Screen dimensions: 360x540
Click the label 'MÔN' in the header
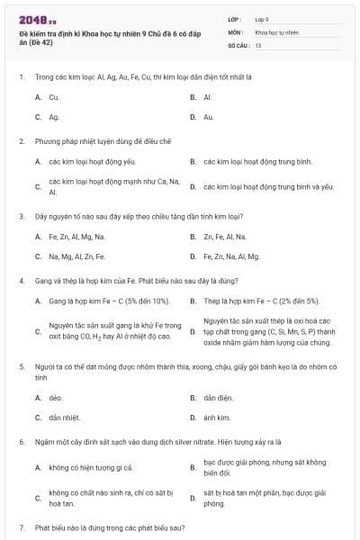[x=235, y=31]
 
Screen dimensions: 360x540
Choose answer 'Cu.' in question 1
[x=54, y=96]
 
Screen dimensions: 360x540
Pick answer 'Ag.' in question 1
[x=54, y=117]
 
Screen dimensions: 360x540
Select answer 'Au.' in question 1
[x=209, y=117]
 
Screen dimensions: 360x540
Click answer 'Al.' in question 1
[x=208, y=96]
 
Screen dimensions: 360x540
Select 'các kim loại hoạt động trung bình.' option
[x=257, y=162]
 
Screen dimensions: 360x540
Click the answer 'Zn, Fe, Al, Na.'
[x=225, y=237]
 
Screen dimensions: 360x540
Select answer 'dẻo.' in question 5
[x=56, y=397]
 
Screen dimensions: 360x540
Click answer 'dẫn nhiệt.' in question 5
[x=65, y=418]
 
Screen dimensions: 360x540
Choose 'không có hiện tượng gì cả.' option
[x=91, y=467]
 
